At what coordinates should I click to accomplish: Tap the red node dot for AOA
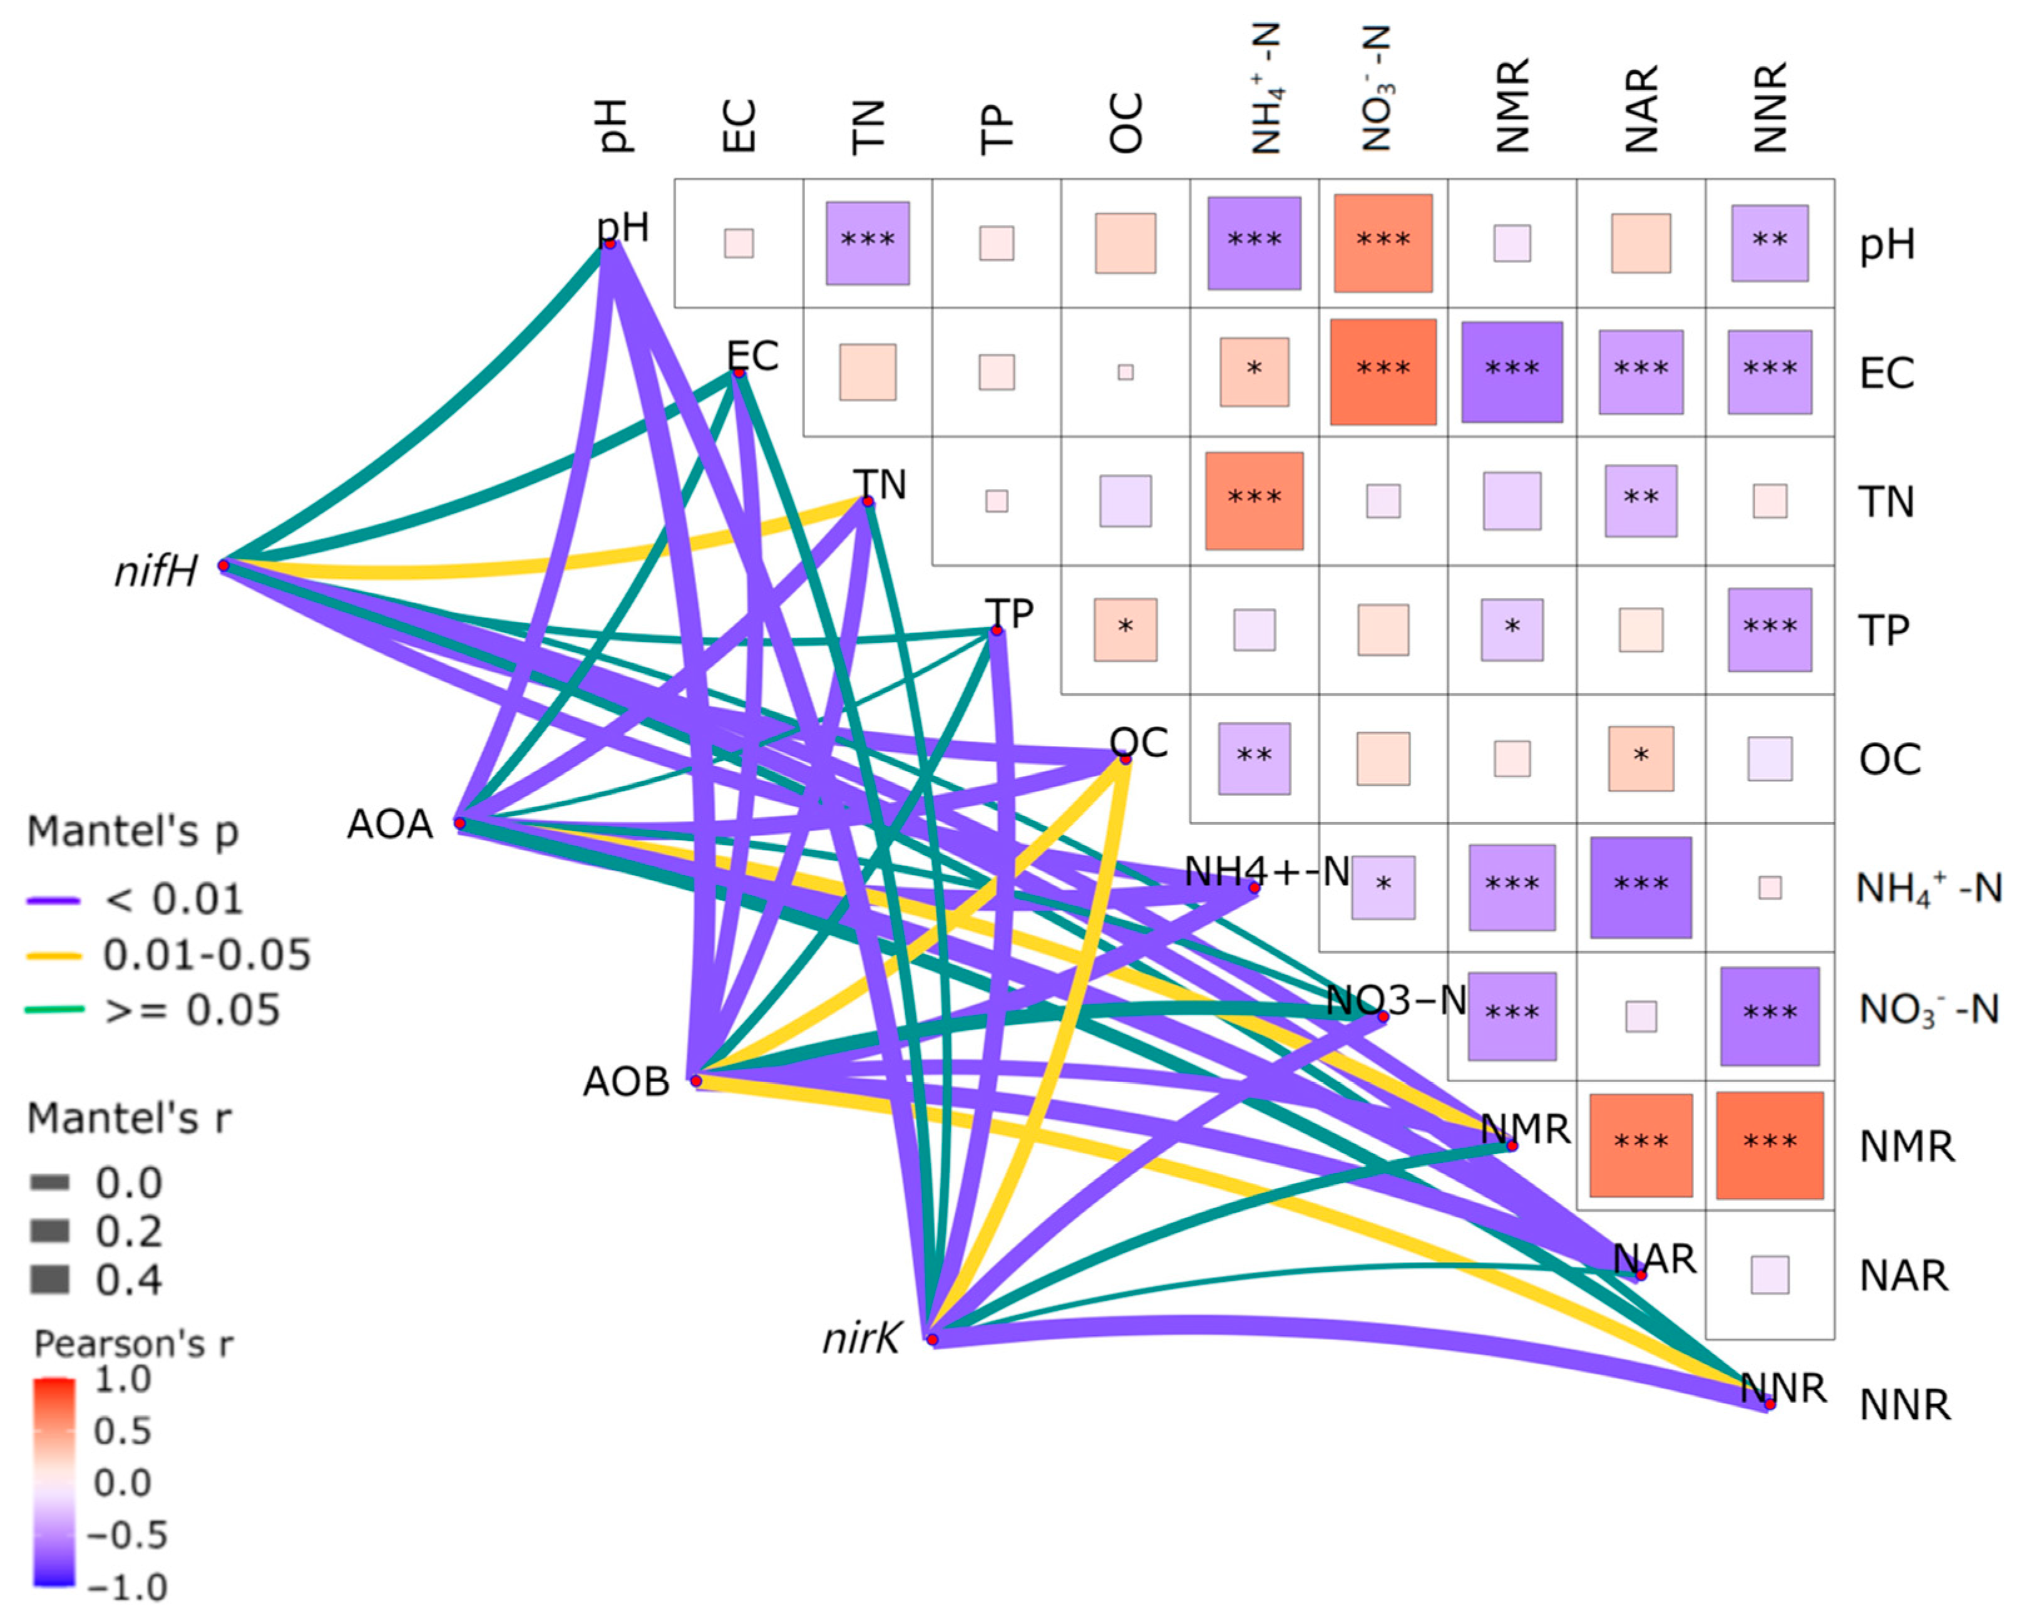459,824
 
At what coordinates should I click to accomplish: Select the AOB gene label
626,1082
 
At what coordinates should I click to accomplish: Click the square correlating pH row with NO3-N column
1383,244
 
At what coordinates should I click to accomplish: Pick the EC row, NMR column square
1512,371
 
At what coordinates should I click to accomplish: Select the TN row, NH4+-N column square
1254,501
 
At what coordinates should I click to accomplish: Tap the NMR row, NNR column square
1769,1145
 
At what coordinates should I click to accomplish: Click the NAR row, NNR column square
1769,1274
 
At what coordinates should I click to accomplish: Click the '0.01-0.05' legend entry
206,954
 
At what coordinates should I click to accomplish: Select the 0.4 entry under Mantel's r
128,1279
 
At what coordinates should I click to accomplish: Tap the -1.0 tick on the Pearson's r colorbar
126,1588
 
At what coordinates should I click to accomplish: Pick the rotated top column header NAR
1641,108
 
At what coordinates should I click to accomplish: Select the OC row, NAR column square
1641,758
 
